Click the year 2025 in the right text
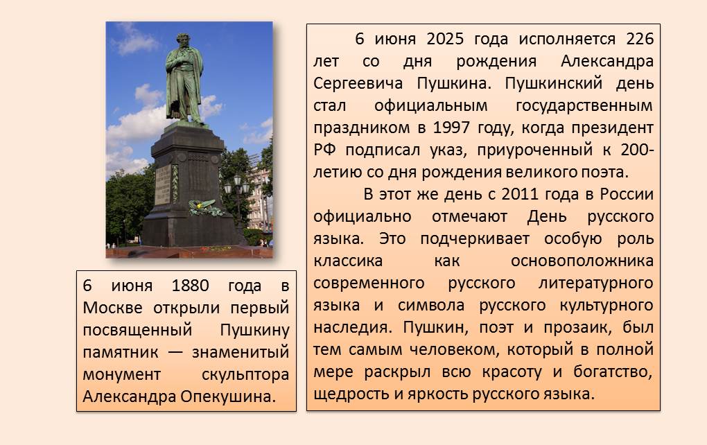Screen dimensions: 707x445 pos(444,39)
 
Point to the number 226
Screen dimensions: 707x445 pos(640,39)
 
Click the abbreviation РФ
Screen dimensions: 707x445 pos(324,150)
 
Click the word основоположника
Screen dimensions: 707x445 pos(582,261)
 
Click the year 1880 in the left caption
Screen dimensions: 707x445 pos(191,286)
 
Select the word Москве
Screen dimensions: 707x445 pos(112,308)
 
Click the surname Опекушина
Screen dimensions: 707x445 pos(228,396)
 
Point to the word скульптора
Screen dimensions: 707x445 pos(245,375)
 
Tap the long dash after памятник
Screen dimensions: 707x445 pos(175,353)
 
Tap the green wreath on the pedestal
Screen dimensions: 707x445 pos(206,208)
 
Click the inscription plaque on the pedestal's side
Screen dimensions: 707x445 pos(163,184)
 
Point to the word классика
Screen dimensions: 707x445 pos(348,261)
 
